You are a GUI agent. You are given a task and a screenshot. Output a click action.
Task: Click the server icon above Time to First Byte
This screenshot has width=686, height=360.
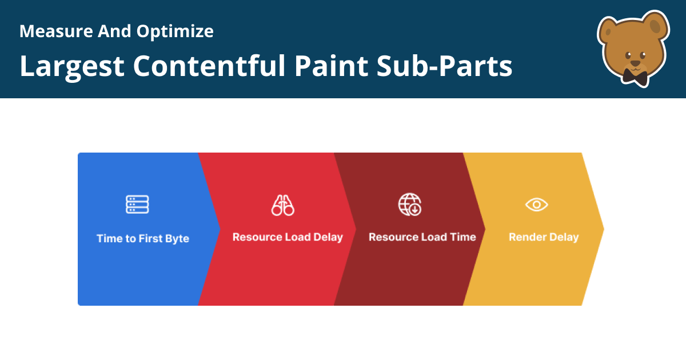(x=137, y=204)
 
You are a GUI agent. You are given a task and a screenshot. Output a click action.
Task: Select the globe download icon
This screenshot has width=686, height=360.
(x=409, y=205)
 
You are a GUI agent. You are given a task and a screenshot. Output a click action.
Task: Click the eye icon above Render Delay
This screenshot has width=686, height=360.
(x=537, y=205)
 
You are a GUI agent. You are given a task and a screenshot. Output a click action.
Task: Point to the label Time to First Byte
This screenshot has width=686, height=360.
(x=143, y=238)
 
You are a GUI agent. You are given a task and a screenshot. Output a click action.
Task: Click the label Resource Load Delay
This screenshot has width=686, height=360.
(x=288, y=237)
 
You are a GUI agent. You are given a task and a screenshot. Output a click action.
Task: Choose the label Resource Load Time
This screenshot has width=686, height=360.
(x=422, y=237)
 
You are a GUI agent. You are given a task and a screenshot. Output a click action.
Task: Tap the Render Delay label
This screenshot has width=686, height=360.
(x=544, y=237)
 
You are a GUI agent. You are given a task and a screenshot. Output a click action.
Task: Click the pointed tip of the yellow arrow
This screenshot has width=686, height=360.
(x=603, y=229)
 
